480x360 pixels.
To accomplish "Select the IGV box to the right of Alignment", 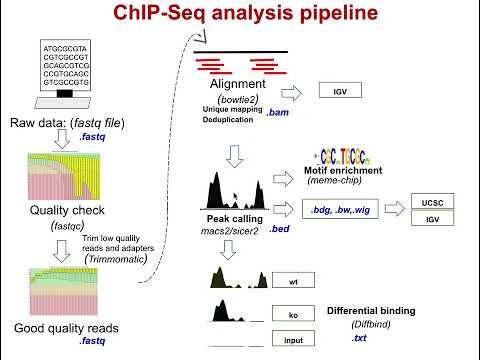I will coord(339,92).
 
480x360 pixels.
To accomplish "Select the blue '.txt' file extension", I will coord(359,340).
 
